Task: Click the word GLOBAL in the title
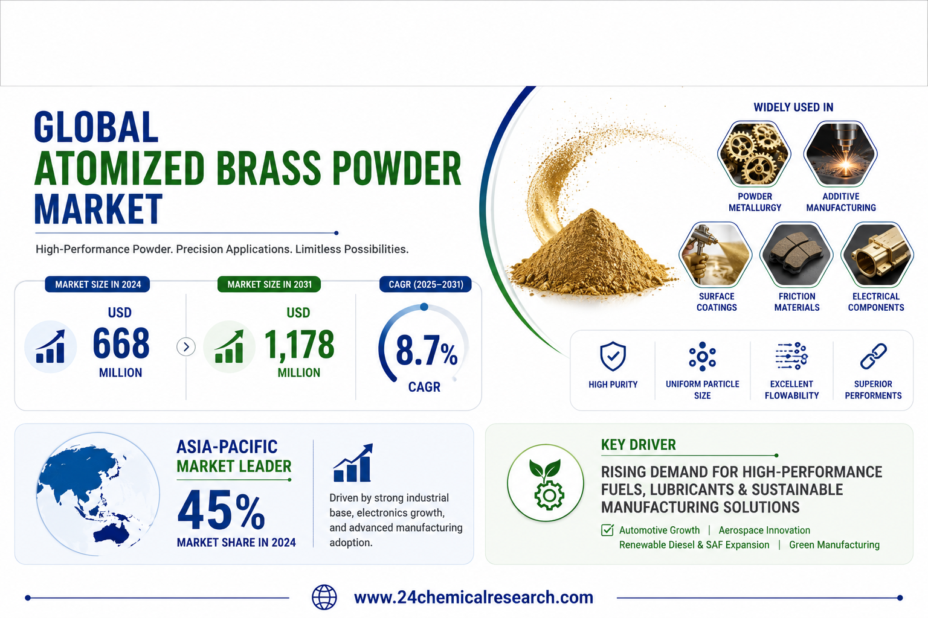[95, 127]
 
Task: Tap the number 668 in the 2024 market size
[121, 343]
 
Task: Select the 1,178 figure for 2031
[299, 344]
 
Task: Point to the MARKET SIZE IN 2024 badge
[98, 284]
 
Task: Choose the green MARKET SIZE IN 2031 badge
[269, 284]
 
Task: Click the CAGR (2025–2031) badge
[425, 284]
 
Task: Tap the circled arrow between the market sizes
[186, 347]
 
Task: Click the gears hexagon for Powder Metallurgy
[755, 154]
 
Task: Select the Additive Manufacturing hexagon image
[840, 154]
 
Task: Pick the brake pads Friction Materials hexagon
[796, 255]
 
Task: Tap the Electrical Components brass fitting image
[877, 255]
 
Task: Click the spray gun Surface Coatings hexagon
[715, 255]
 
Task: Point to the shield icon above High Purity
[613, 356]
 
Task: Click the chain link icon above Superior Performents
[873, 356]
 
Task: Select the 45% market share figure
[221, 511]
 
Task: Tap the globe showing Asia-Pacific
[98, 494]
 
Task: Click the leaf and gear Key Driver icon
[546, 483]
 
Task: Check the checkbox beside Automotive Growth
[607, 530]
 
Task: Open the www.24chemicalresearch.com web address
[474, 597]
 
